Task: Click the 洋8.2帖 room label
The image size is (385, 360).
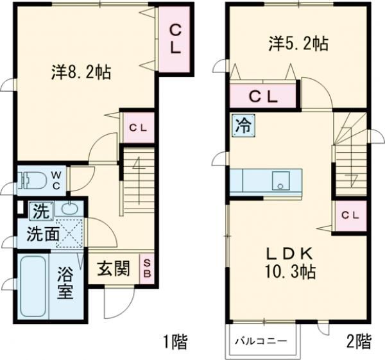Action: [x=81, y=72]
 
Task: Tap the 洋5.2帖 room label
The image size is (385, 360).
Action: [x=298, y=44]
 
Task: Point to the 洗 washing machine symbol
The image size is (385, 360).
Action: [x=40, y=209]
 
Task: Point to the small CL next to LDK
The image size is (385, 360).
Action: [x=350, y=215]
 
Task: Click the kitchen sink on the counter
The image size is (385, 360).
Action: [x=280, y=180]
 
